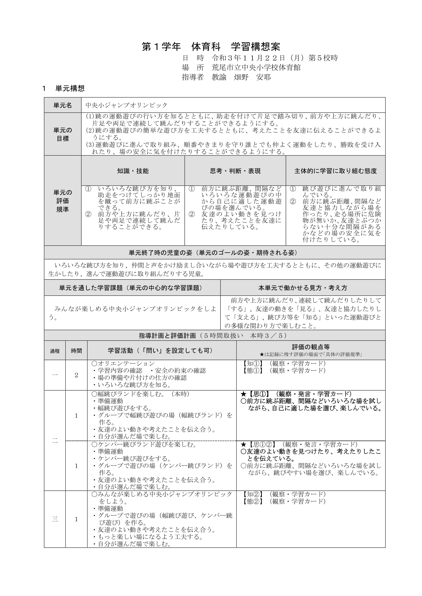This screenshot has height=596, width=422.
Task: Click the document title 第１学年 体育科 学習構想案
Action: click(x=211, y=47)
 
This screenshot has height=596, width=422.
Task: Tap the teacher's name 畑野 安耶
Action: click(x=252, y=77)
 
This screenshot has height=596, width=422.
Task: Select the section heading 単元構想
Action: click(x=70, y=88)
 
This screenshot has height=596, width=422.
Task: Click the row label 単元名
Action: click(x=63, y=105)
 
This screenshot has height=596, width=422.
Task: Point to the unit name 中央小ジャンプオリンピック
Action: click(x=127, y=105)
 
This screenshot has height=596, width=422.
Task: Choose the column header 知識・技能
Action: click(x=133, y=171)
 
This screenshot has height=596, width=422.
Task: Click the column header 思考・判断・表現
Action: click(x=235, y=171)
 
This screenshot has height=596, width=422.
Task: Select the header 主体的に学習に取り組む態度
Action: click(x=336, y=171)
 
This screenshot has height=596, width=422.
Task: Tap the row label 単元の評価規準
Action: click(x=63, y=201)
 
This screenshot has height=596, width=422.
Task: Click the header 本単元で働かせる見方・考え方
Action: click(x=303, y=288)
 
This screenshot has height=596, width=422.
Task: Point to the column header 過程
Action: click(x=55, y=351)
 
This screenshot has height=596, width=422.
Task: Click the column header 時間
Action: click(x=76, y=351)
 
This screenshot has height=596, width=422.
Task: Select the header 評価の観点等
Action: click(x=311, y=347)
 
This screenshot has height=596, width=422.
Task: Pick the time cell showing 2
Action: click(x=76, y=375)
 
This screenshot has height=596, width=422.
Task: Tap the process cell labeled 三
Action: click(x=55, y=519)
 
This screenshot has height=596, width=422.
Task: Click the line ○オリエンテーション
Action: click(x=123, y=363)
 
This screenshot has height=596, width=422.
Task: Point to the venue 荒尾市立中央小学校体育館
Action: click(x=256, y=68)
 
